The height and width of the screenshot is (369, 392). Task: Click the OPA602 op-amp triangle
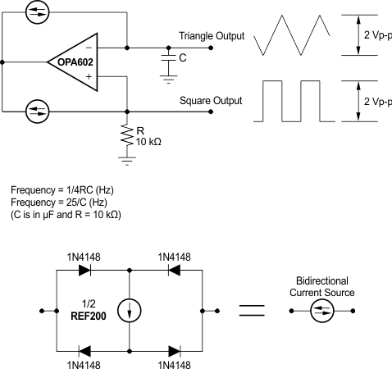(76, 60)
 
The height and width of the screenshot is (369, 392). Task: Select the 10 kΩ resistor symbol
(127, 134)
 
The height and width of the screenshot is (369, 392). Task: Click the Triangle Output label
(211, 36)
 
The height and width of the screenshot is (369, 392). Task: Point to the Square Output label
(211, 101)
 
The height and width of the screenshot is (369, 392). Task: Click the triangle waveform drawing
(292, 37)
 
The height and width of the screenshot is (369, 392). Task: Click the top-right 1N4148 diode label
(174, 257)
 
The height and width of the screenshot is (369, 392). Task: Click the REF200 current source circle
(130, 310)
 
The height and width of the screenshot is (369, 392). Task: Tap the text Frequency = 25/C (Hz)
(52, 202)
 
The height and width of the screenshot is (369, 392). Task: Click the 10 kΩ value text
(148, 142)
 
